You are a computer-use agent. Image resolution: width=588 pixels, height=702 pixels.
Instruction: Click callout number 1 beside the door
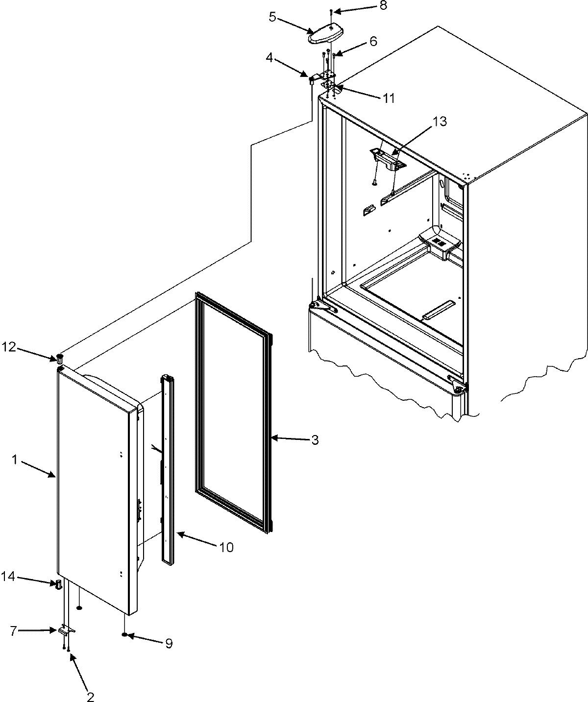click(x=15, y=460)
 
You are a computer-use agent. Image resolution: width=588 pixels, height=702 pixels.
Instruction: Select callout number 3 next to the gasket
click(x=315, y=440)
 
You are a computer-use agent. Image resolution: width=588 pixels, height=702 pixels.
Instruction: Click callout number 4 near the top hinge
click(x=269, y=58)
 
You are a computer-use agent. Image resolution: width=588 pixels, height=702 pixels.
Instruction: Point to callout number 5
click(x=273, y=17)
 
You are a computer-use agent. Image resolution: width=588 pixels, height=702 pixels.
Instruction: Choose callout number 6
click(x=373, y=42)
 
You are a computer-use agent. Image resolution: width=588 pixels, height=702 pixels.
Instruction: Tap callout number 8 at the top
click(x=383, y=6)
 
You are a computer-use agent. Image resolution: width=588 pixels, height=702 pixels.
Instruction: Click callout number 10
click(x=226, y=547)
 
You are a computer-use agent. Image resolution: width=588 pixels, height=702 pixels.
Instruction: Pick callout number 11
click(x=389, y=98)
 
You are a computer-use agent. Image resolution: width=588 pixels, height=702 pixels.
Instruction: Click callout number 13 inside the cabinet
click(x=440, y=121)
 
